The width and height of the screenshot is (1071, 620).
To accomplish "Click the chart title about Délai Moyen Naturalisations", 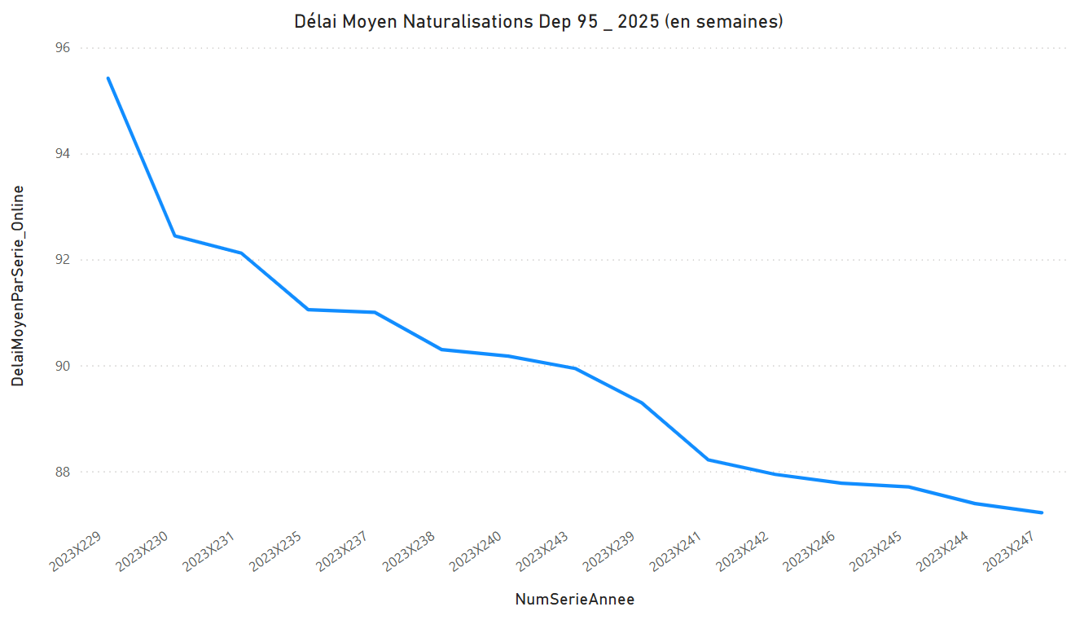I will [x=538, y=22].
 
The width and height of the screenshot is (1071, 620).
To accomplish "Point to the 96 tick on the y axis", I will [x=63, y=48].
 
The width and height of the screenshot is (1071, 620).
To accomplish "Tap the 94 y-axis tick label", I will [x=63, y=154].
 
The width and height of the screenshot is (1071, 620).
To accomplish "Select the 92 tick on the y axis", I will [x=63, y=260].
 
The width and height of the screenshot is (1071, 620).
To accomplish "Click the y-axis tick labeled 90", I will [x=63, y=366].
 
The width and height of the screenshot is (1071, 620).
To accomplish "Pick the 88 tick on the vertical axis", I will [x=63, y=472].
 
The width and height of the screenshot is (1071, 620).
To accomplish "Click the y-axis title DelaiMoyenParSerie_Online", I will [x=17, y=285].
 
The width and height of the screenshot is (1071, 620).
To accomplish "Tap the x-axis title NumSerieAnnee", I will [x=574, y=600].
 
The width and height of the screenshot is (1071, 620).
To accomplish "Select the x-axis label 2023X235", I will [x=277, y=550].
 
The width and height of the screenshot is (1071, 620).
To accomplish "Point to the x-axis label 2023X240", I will [x=477, y=550].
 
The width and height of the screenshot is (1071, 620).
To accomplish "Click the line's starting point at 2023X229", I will [x=108, y=78].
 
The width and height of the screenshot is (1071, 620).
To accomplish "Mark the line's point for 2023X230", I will [x=174, y=235].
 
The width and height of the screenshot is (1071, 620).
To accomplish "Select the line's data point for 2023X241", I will [x=709, y=460].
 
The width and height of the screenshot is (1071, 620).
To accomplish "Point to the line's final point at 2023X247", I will [x=1042, y=512].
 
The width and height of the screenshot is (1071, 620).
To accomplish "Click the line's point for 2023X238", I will [x=441, y=350].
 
